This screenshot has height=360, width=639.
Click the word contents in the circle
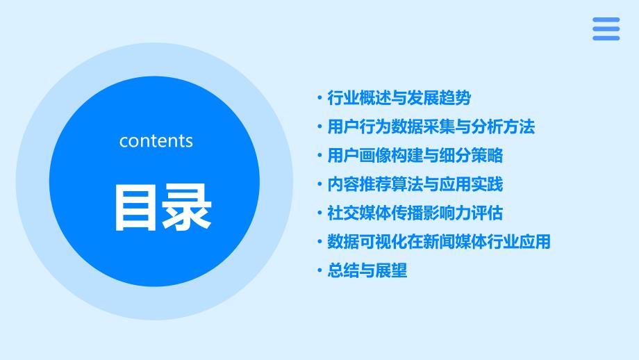[156, 141]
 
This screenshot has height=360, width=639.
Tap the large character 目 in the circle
[135, 208]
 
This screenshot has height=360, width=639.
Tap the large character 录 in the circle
[187, 208]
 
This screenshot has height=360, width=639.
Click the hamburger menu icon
[606, 29]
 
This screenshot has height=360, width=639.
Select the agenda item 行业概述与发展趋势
[399, 98]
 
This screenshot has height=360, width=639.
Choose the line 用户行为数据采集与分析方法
[431, 126]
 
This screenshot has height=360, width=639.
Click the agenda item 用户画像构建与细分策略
[415, 156]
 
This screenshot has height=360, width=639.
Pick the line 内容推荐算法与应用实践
[415, 184]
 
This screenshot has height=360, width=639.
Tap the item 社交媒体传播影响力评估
[415, 213]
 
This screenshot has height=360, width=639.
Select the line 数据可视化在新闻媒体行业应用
[439, 242]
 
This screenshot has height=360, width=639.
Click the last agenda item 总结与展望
[367, 270]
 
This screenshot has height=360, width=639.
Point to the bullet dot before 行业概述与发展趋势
[319, 98]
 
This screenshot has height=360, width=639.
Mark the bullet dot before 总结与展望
[319, 270]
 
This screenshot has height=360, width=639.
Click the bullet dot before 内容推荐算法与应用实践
[319, 184]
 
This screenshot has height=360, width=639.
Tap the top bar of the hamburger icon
[606, 19]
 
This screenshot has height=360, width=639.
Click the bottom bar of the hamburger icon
[606, 38]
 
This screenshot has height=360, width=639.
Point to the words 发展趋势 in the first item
[439, 98]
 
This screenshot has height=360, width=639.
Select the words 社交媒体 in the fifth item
[360, 213]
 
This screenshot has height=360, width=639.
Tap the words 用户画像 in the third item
[360, 156]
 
